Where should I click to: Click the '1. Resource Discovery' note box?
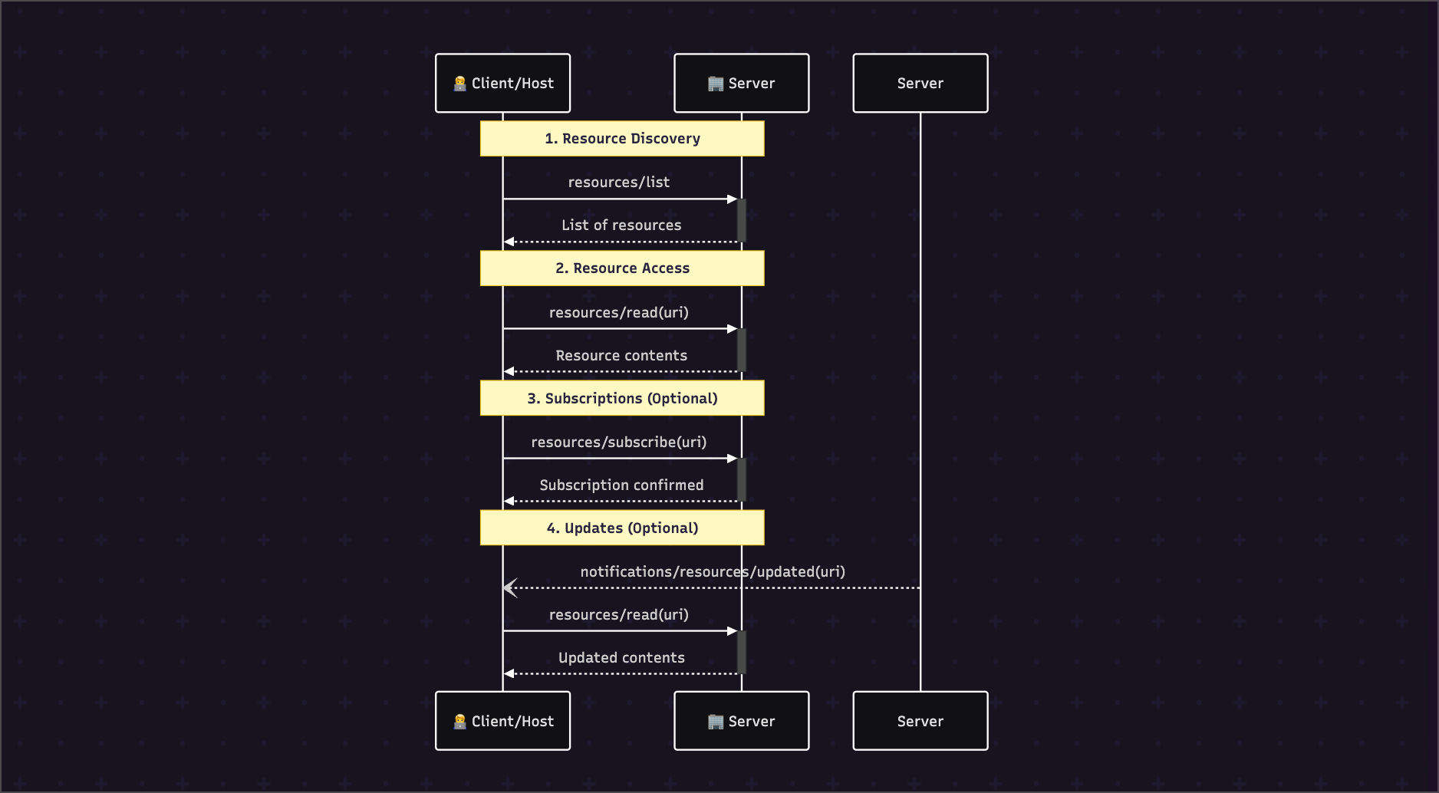click(x=622, y=139)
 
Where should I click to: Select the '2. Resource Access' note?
click(x=622, y=268)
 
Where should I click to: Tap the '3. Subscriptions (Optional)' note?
click(x=622, y=398)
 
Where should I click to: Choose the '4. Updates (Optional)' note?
click(x=622, y=528)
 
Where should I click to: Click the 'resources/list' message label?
click(x=619, y=183)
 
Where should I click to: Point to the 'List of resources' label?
click(x=621, y=225)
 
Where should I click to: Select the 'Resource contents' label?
click(x=621, y=356)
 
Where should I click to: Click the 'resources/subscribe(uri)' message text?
click(x=619, y=443)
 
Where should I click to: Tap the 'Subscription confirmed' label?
click(x=621, y=485)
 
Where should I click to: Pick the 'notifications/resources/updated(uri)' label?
click(x=713, y=572)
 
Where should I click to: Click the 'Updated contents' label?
click(x=621, y=658)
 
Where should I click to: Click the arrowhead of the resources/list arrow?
click(x=733, y=199)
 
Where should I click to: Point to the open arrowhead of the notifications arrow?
click(x=509, y=588)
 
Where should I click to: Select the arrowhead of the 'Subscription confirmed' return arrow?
click(x=509, y=502)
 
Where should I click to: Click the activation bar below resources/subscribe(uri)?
click(x=742, y=480)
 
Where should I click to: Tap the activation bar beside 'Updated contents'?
click(x=742, y=653)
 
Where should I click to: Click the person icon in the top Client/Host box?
click(x=460, y=84)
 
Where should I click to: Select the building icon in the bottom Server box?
click(x=716, y=722)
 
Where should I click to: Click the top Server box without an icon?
click(x=920, y=83)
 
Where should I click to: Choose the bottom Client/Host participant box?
click(x=503, y=721)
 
